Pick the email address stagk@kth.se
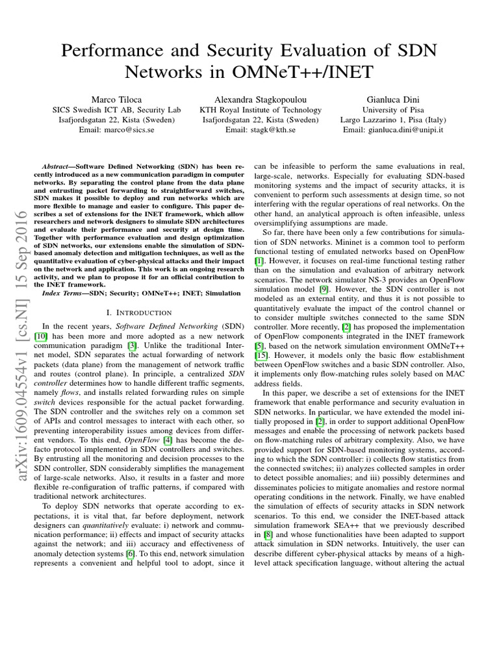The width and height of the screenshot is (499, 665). coord(271,130)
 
